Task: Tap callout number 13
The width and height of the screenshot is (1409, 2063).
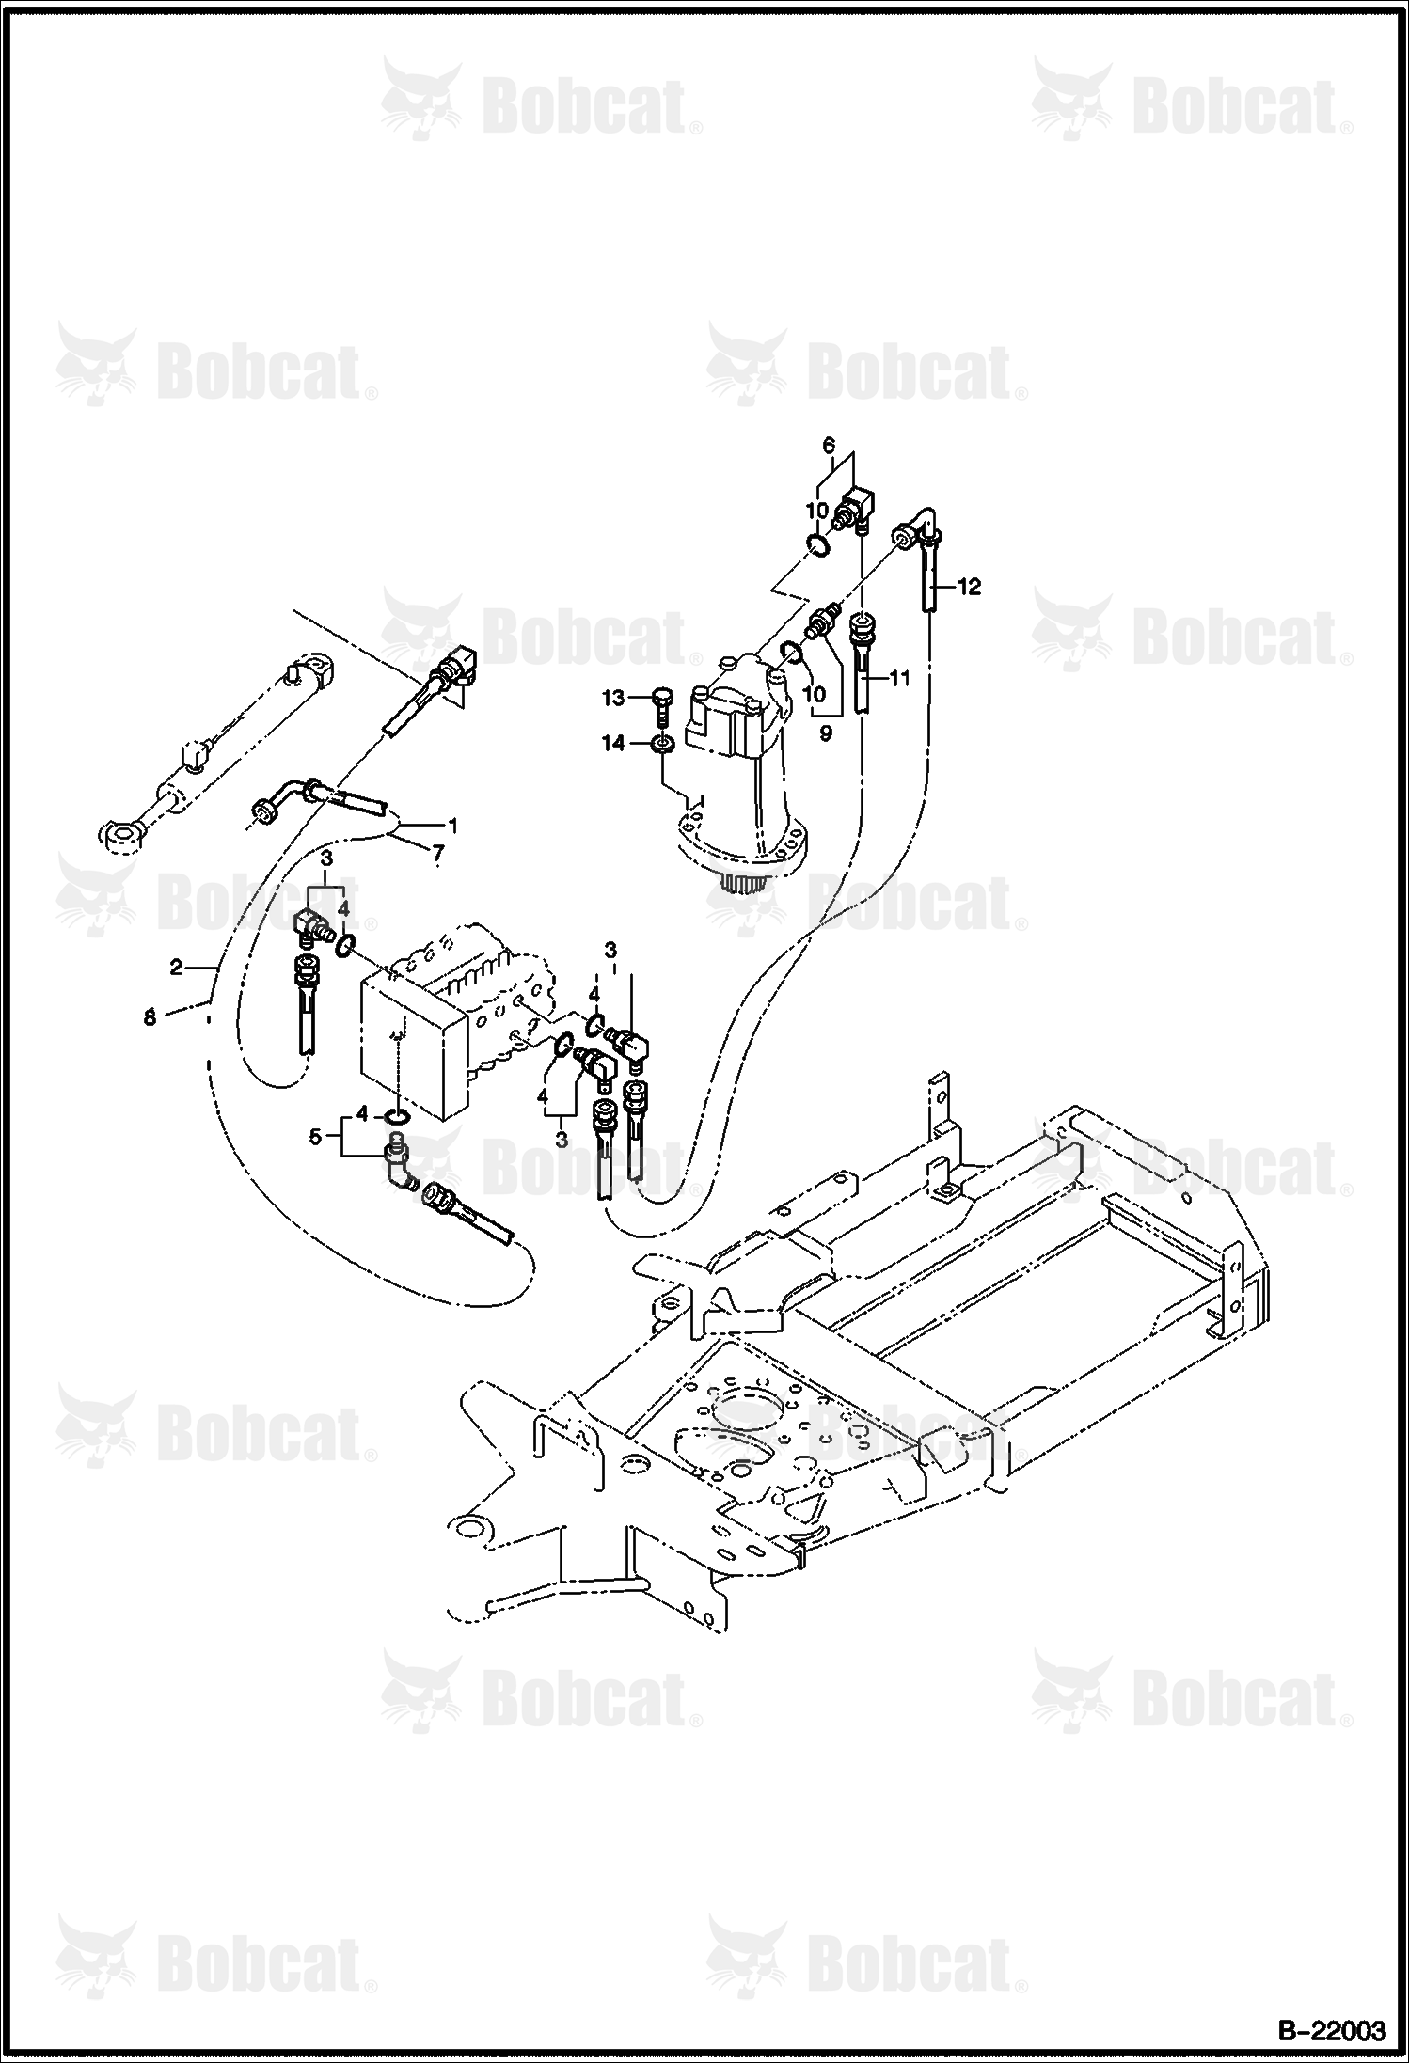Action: [613, 698]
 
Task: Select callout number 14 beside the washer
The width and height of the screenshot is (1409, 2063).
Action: [613, 744]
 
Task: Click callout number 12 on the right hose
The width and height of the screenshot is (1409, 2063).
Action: [969, 587]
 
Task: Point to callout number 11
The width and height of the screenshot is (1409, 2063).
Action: [900, 676]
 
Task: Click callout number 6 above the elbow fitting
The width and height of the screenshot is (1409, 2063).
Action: [829, 443]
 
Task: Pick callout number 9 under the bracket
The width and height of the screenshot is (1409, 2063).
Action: [825, 734]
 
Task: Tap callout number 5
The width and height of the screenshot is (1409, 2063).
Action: [316, 1137]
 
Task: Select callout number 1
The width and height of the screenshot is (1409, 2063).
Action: [452, 826]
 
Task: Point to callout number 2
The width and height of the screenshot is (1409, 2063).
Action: [177, 967]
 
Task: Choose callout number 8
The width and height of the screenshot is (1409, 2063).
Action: [150, 1017]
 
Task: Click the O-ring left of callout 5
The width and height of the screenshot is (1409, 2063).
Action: [397, 1116]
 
